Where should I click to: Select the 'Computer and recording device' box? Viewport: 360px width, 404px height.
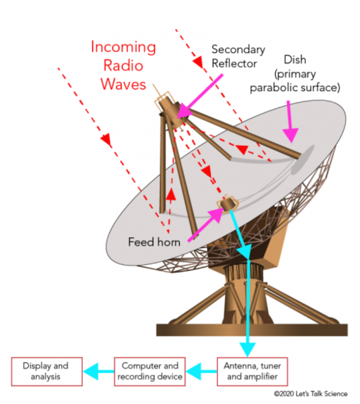click(x=150, y=371)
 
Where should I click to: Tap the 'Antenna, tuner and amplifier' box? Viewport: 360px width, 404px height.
click(x=252, y=371)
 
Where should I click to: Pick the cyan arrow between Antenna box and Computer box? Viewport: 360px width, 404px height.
click(x=200, y=371)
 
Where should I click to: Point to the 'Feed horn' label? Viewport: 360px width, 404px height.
click(x=154, y=242)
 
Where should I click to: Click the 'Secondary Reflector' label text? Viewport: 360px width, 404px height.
click(x=238, y=56)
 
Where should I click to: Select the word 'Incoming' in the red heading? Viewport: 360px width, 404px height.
click(x=123, y=47)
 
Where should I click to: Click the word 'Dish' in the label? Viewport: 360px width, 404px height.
click(x=295, y=60)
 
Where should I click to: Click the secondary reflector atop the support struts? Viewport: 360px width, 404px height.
click(x=168, y=106)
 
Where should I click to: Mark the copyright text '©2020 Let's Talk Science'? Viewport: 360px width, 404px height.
click(x=310, y=394)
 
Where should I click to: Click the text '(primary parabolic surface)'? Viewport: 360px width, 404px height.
click(x=295, y=80)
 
